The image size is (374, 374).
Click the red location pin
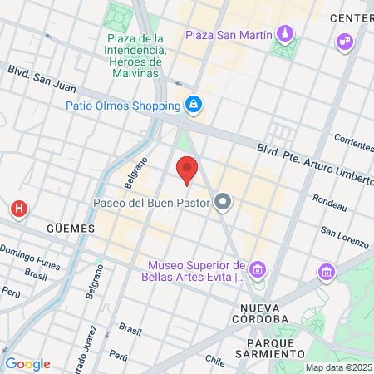point(187,170)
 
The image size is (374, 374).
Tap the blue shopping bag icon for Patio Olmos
point(194,105)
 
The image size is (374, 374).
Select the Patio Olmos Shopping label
point(123,106)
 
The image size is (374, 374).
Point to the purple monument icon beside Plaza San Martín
point(285,34)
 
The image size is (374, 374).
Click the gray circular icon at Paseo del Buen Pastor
point(222,201)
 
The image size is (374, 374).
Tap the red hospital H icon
point(17,208)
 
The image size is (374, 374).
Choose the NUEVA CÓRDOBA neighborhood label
point(258,318)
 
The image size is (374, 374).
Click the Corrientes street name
point(353,140)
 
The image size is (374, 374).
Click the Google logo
point(27,364)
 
